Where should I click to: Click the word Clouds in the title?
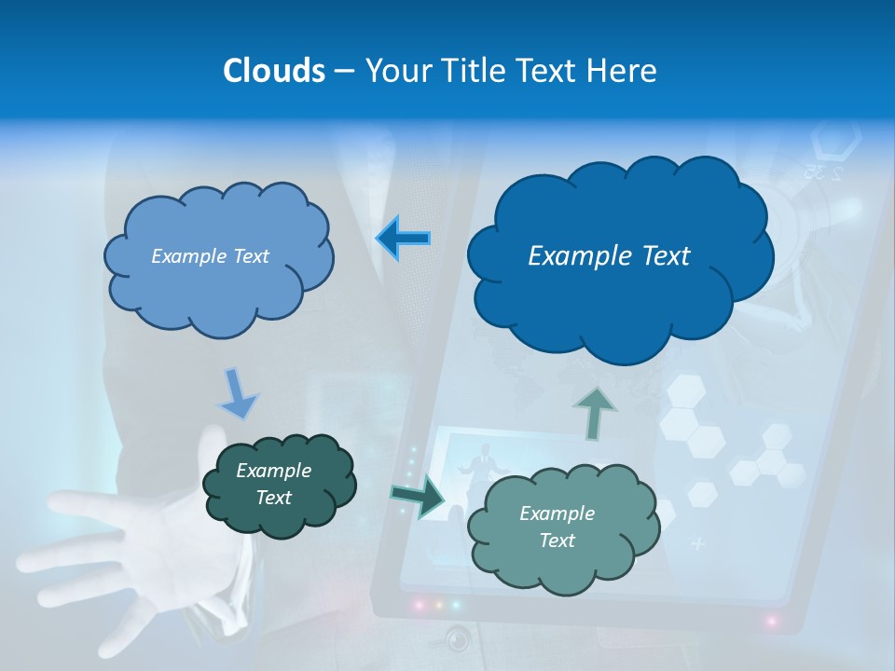(x=273, y=71)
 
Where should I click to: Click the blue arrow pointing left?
(x=403, y=238)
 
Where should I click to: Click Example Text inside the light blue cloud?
(x=210, y=256)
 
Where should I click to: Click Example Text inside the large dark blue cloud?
(x=609, y=256)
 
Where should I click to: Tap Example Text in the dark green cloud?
(x=273, y=484)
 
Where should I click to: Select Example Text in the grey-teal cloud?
(x=557, y=527)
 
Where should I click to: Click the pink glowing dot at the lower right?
(x=772, y=620)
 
